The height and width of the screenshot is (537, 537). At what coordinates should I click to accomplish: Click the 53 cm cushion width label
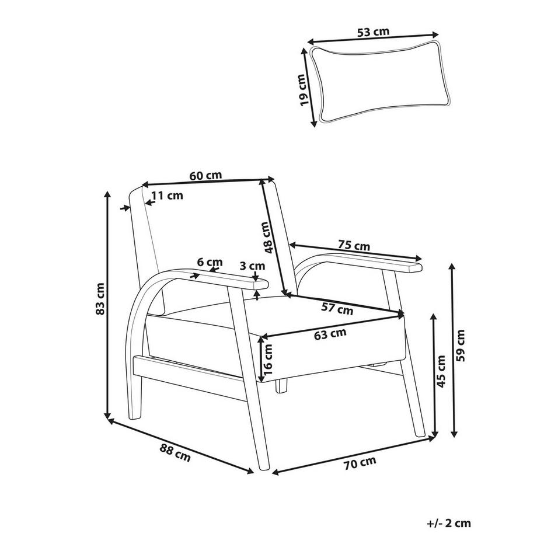point(374,32)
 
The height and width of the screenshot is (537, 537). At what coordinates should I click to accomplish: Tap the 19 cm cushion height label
point(302,90)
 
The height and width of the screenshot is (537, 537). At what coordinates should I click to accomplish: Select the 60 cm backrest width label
point(205,175)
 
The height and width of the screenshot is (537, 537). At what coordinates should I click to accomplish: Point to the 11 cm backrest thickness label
point(168,196)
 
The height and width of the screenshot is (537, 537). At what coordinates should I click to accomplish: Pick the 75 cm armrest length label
point(354,246)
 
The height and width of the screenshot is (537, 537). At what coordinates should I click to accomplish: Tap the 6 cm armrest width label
point(210,262)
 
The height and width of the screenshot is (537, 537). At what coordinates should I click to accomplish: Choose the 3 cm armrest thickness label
point(252,266)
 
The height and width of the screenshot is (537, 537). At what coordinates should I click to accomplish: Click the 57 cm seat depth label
point(337,309)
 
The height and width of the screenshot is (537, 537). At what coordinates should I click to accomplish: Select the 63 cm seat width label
point(330,334)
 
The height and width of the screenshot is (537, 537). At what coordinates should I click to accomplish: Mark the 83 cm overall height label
point(100,298)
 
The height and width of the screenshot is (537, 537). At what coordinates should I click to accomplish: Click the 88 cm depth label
point(175,452)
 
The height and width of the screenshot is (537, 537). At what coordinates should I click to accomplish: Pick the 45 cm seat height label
point(441,371)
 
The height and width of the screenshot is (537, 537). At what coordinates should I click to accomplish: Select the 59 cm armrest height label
point(461,346)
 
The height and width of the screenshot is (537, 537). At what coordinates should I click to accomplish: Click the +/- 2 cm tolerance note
point(449,523)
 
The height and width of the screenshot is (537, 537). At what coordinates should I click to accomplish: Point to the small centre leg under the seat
point(281,385)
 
